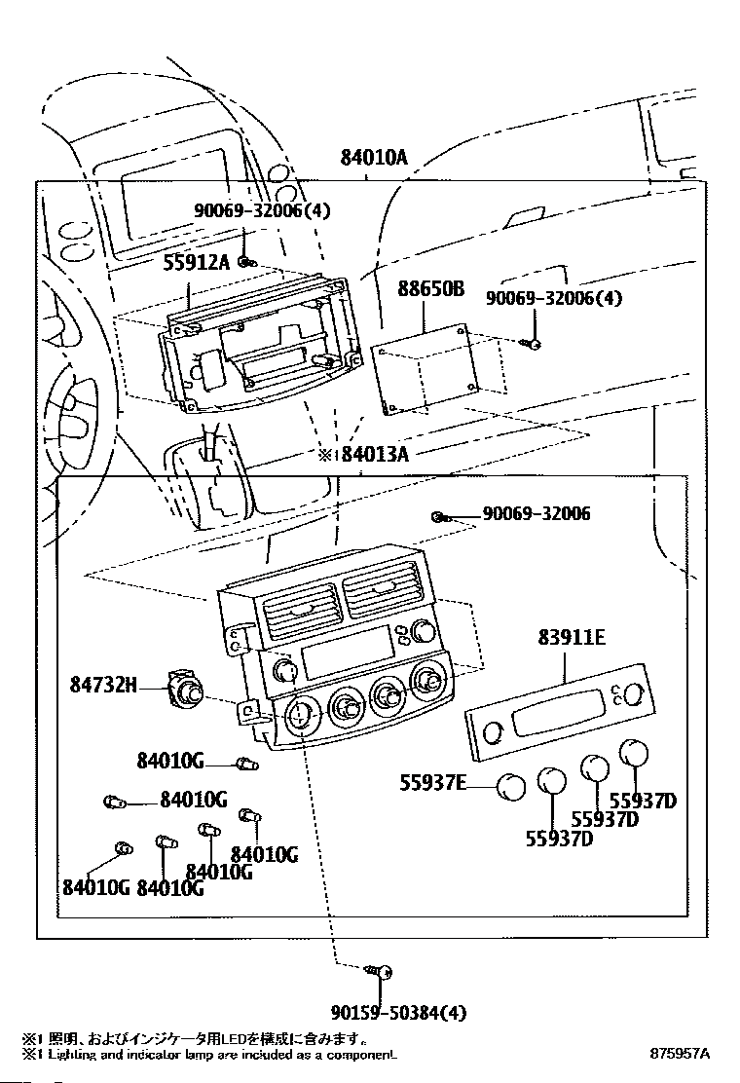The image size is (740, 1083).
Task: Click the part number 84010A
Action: [374, 158]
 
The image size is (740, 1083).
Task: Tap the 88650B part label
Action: [430, 288]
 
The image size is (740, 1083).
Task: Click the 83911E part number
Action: [572, 637]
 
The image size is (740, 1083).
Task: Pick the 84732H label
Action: [103, 685]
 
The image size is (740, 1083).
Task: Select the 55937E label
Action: [433, 783]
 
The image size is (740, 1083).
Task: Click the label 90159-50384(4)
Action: [398, 1013]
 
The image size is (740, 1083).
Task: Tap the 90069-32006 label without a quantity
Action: [536, 513]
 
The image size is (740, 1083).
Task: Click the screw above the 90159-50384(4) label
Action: [381, 971]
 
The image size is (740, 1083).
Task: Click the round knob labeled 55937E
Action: [511, 786]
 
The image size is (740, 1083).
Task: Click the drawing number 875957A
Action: [680, 1054]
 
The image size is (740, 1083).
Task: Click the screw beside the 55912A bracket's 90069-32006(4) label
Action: [247, 261]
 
